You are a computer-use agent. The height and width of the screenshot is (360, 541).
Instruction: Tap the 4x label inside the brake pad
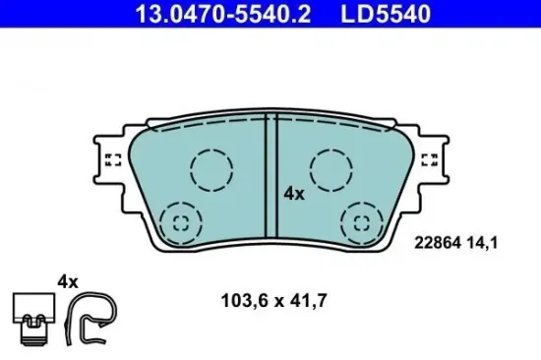(x=294, y=194)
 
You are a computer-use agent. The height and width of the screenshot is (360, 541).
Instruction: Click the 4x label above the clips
(x=67, y=281)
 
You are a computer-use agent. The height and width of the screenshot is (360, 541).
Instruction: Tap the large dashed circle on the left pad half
(x=210, y=169)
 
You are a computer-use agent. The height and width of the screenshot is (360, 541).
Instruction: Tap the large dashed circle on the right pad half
(x=331, y=169)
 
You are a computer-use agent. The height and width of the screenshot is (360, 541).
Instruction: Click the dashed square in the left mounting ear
(x=112, y=160)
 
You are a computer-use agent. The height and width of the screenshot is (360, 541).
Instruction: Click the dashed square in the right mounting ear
(x=429, y=160)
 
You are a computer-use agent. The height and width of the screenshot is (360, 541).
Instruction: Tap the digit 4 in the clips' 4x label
(x=62, y=281)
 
